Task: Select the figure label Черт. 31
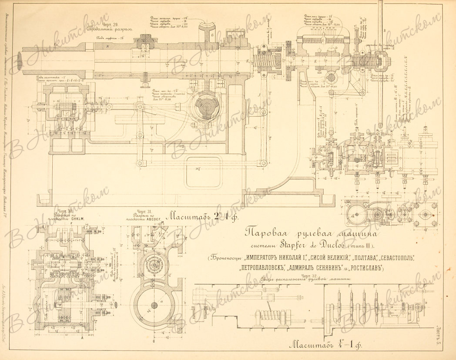pos(144,212)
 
